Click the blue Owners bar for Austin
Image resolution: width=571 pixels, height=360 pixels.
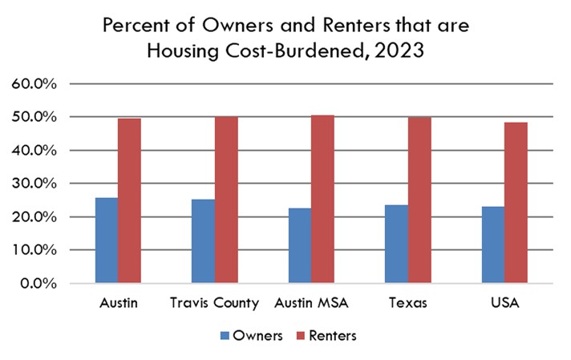[x=107, y=241]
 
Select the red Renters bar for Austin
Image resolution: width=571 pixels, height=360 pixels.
[x=129, y=200]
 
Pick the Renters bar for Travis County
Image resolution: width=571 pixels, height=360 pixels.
[x=226, y=200]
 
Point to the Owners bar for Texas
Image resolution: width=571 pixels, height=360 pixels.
[x=397, y=244]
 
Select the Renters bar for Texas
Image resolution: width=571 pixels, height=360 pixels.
[x=419, y=200]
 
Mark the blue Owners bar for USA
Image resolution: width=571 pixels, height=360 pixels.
[x=493, y=245]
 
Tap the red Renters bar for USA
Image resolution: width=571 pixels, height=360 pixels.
[x=516, y=203]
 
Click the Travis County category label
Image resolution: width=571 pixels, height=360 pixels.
[x=215, y=304]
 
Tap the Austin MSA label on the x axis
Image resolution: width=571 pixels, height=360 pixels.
[x=312, y=304]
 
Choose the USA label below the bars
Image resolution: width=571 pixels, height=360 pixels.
[x=504, y=304]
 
